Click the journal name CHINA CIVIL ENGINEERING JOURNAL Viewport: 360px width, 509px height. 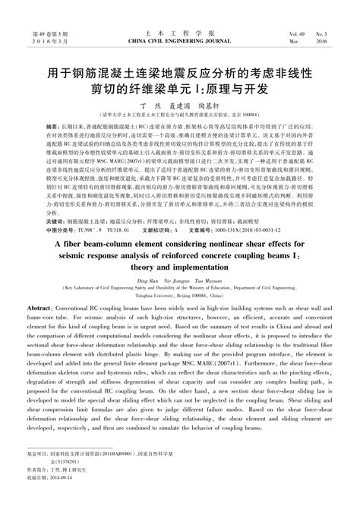point(179,43)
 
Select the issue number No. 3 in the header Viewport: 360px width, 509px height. point(323,35)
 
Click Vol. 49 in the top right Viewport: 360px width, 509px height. point(297,35)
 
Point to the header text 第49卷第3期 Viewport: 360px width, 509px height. point(48,35)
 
